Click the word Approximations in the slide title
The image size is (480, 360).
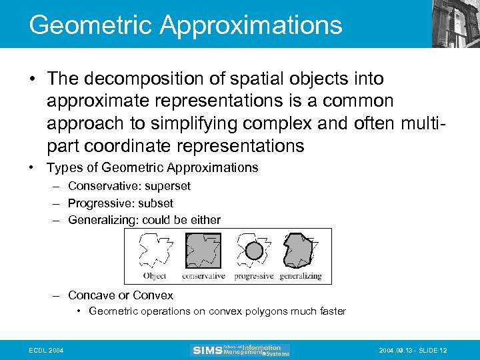251,25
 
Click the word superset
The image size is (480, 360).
167,186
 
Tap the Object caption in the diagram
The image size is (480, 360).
155,276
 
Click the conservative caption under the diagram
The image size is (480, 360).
203,276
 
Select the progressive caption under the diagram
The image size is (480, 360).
253,276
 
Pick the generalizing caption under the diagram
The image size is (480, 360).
300,276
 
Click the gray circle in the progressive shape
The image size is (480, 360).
253,251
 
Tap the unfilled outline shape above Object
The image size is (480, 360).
155,251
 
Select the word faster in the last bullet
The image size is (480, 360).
329,311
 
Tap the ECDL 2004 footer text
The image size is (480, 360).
46,351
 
